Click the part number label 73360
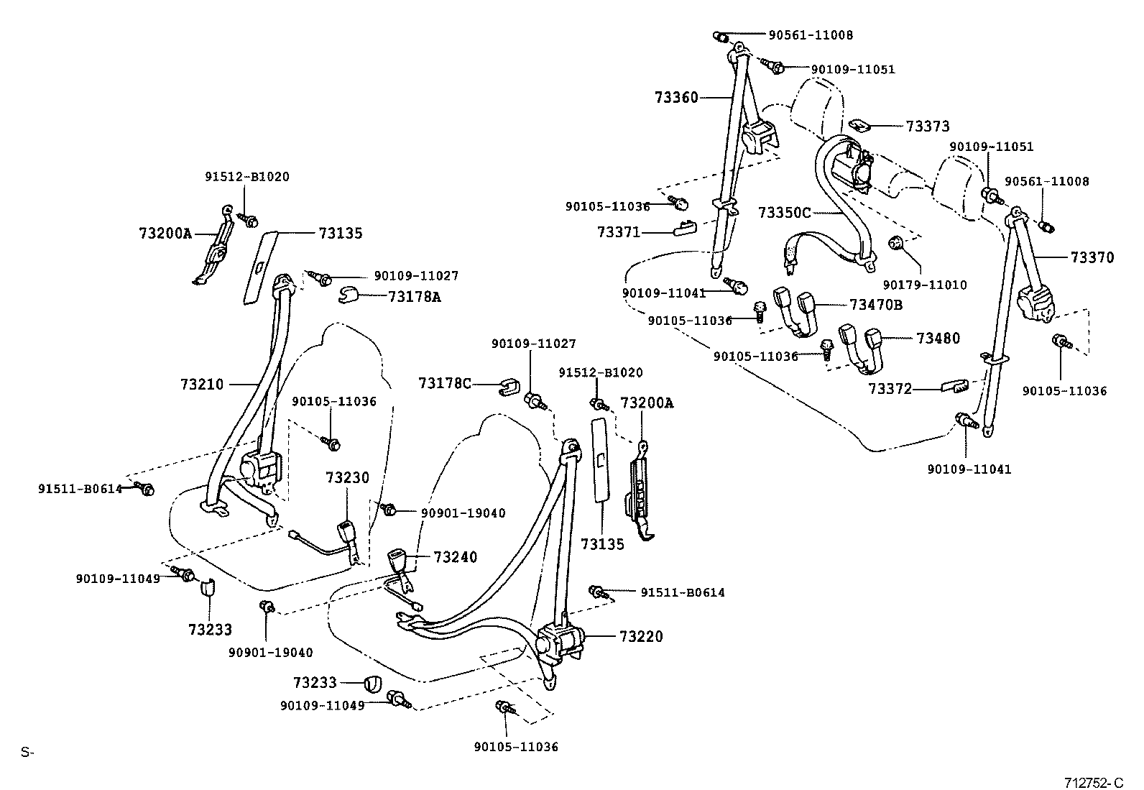point(675,97)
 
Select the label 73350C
point(784,213)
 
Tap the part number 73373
point(927,127)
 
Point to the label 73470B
point(875,304)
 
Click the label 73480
point(938,339)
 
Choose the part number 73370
point(1092,257)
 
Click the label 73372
point(890,389)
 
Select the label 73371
point(618,232)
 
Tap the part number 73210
point(202,385)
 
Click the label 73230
point(347,478)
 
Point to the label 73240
point(455,557)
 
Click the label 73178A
point(414,296)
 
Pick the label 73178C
point(445,384)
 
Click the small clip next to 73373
point(859,125)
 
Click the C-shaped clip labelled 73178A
point(350,295)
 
